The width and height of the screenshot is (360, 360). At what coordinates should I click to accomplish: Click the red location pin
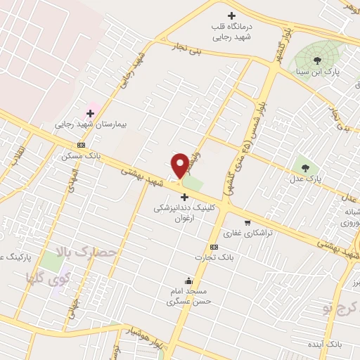pyautogui.click(x=180, y=165)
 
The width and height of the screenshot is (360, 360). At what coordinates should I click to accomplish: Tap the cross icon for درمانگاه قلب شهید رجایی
pyautogui.click(x=231, y=15)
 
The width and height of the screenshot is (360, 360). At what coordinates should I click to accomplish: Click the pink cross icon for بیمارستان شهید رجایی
pyautogui.click(x=90, y=112)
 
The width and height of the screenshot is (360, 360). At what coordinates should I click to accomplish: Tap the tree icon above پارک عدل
pyautogui.click(x=305, y=167)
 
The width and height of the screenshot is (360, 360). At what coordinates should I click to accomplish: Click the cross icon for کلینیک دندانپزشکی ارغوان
pyautogui.click(x=184, y=196)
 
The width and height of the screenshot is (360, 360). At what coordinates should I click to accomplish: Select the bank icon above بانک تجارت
pyautogui.click(x=214, y=247)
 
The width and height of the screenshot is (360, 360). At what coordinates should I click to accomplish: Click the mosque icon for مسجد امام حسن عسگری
pyautogui.click(x=188, y=281)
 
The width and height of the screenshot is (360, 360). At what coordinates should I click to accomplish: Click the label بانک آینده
pyautogui.click(x=326, y=345)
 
